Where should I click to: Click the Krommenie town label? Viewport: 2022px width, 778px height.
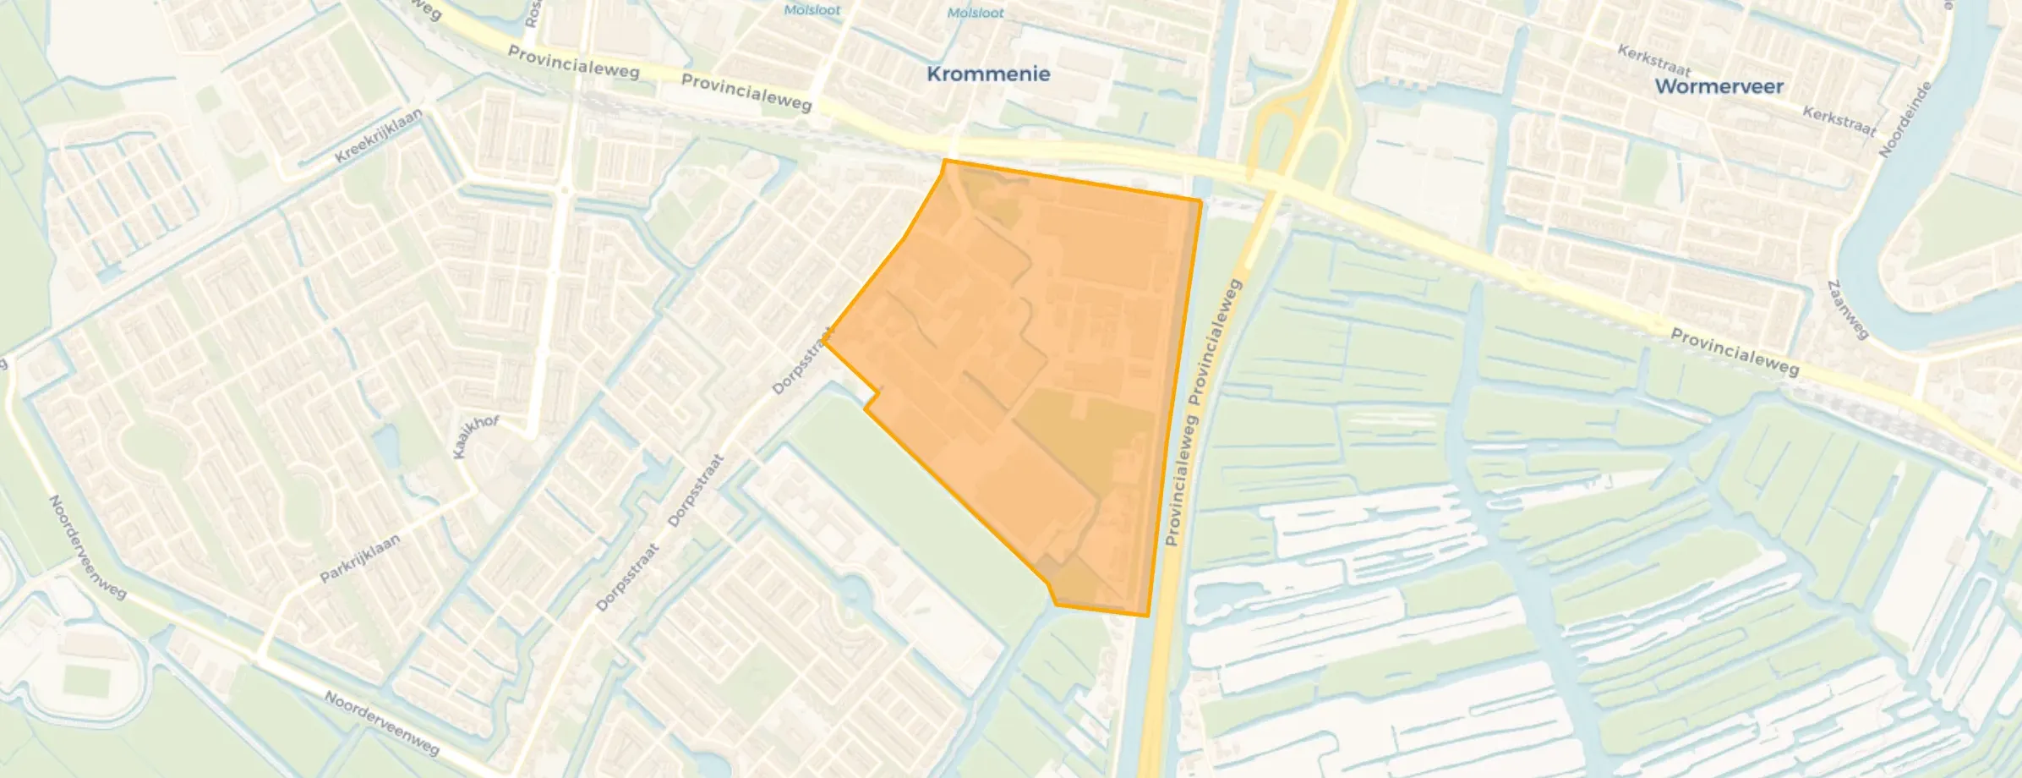tap(988, 74)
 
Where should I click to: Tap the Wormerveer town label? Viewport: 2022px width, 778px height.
tap(1719, 86)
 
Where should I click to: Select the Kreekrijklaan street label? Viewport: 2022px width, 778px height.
tap(378, 136)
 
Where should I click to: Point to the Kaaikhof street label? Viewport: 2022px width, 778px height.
tap(476, 436)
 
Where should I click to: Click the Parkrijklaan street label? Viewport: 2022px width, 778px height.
tap(359, 559)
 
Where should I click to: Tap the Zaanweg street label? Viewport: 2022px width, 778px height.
tap(1848, 310)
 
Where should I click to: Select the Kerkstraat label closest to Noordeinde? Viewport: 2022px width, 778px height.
tap(1839, 121)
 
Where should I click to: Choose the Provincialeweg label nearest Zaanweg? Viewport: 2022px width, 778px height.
tap(1735, 352)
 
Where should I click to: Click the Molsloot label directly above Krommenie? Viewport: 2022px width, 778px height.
tap(975, 13)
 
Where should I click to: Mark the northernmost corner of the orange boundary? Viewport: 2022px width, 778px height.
tap(945, 160)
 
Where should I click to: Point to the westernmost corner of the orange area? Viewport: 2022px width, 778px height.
tap(825, 342)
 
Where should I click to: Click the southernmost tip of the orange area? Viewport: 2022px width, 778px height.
tap(1146, 615)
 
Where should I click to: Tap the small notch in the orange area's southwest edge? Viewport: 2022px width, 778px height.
tap(872, 399)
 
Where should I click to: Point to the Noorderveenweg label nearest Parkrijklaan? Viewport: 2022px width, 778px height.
tap(87, 546)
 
